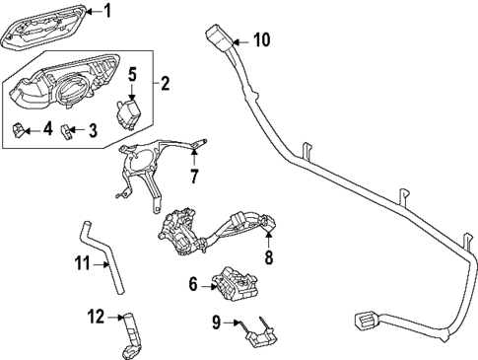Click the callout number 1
pyautogui.click(x=107, y=12)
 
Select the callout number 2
pyautogui.click(x=166, y=83)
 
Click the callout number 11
pyautogui.click(x=83, y=264)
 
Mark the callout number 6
pyautogui.click(x=193, y=285)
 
